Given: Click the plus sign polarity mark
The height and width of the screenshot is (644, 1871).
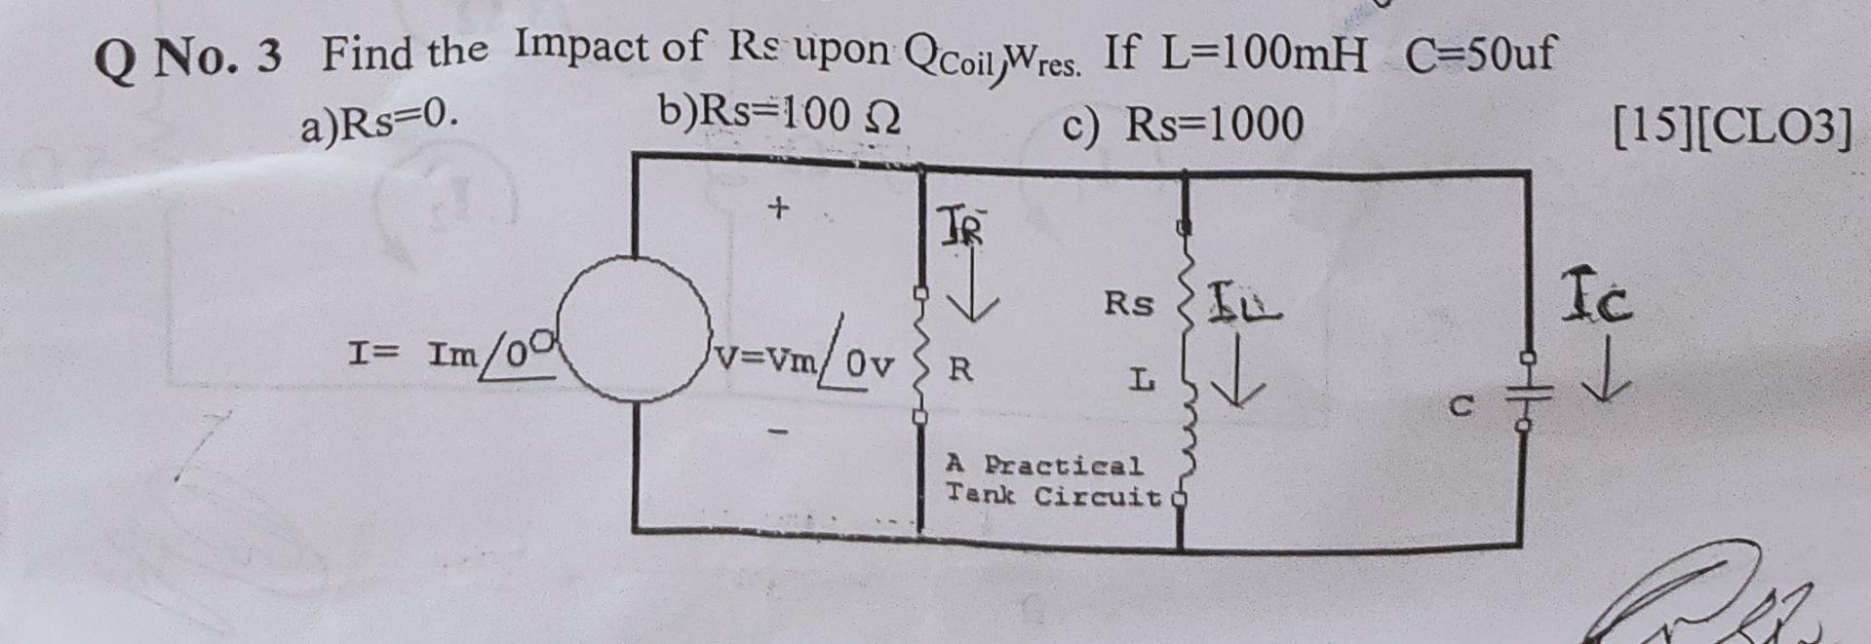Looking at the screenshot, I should coord(778,208).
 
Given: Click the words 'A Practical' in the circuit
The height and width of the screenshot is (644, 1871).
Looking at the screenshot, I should coord(1044,466).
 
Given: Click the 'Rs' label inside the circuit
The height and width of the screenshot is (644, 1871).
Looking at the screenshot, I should coord(1128,304).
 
